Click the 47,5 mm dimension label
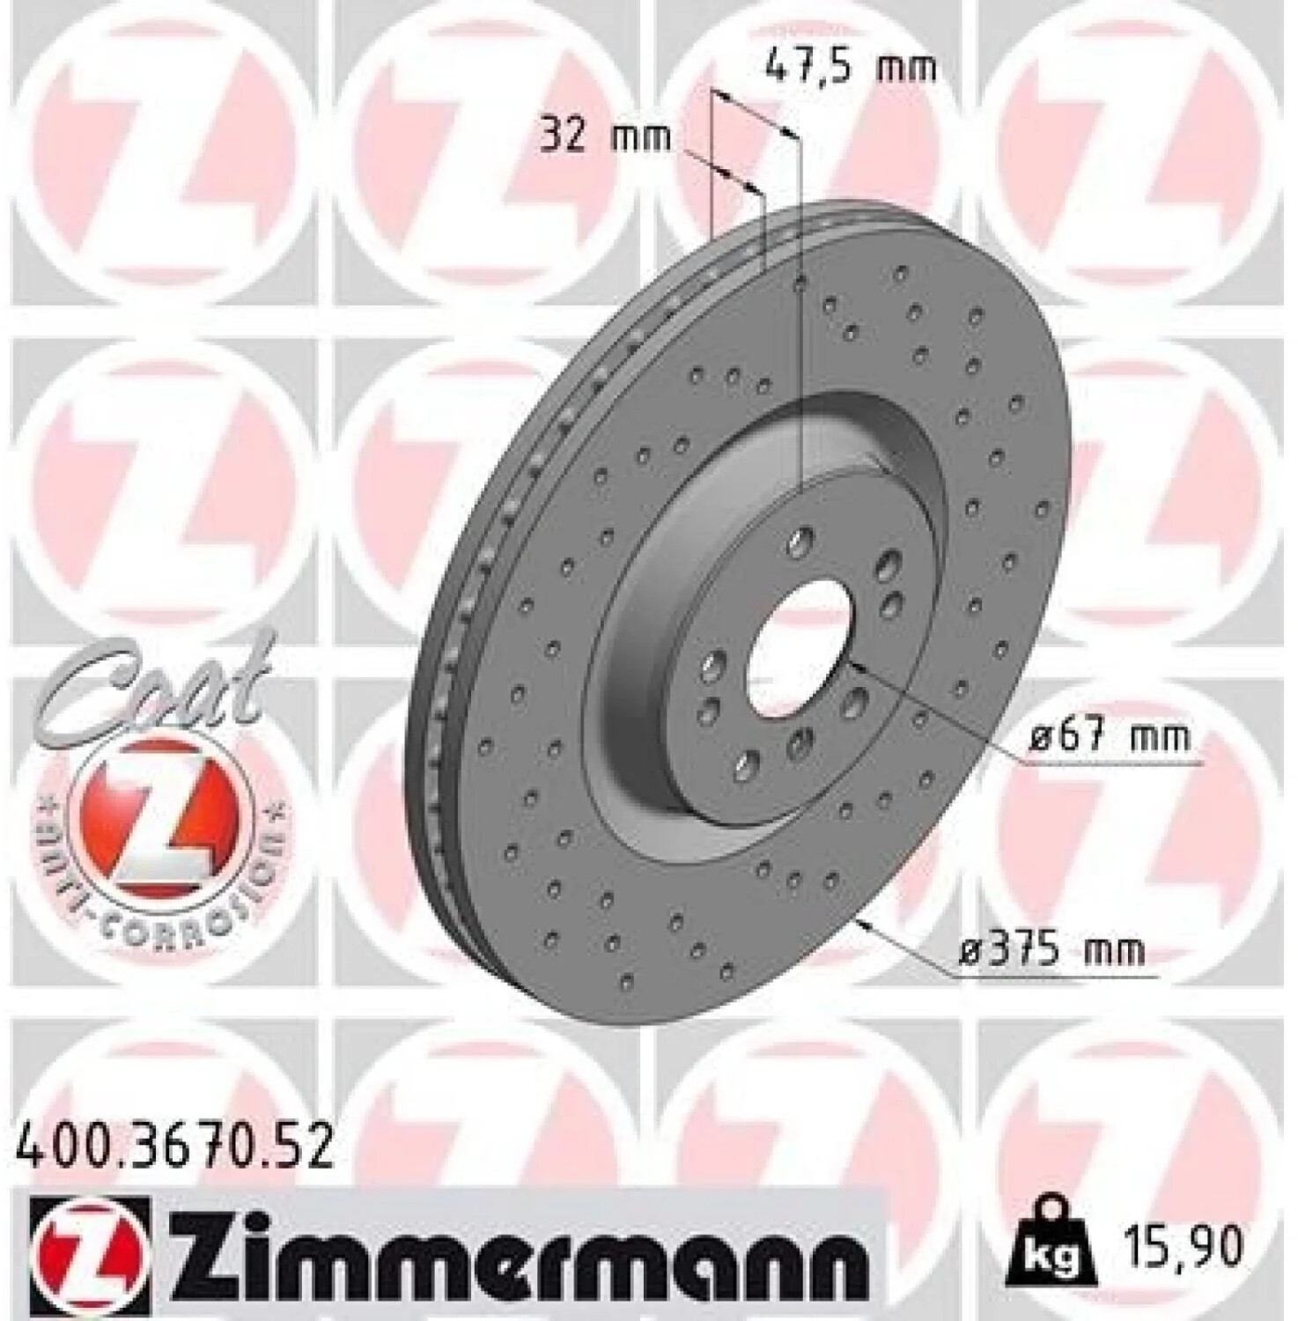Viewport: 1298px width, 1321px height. click(849, 66)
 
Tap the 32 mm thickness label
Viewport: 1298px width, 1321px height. click(606, 137)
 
